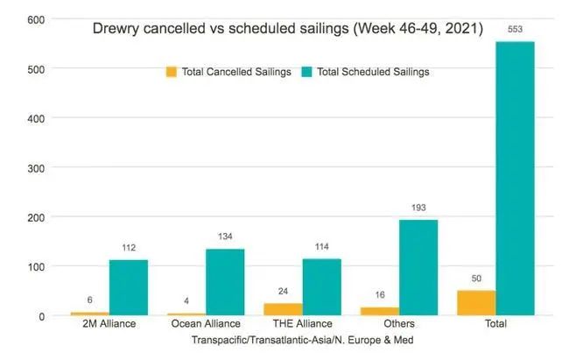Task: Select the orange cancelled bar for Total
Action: [x=476, y=302]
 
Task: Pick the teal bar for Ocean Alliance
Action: [x=225, y=281]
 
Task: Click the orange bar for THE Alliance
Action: [x=283, y=308]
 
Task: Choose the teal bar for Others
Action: [x=418, y=266]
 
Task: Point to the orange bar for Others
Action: [x=379, y=310]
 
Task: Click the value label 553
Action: [x=515, y=30]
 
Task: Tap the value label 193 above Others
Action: [x=418, y=208]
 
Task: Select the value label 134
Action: [x=225, y=237]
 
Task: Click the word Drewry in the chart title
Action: [x=115, y=28]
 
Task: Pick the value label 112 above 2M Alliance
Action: [x=128, y=249]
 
